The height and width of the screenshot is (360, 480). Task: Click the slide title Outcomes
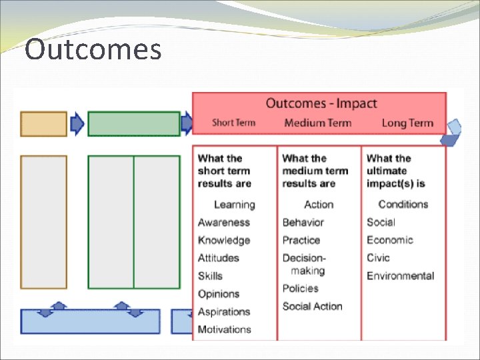click(x=93, y=50)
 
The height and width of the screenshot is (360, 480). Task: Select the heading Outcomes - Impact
click(x=321, y=103)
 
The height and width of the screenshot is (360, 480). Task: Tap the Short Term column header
click(x=233, y=123)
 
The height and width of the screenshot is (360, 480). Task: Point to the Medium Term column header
click(x=318, y=123)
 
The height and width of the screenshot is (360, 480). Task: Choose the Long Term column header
click(x=407, y=123)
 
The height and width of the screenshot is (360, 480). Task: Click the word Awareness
click(x=223, y=223)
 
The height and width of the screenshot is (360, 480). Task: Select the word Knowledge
click(x=223, y=241)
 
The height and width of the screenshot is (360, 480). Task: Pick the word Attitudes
click(x=218, y=258)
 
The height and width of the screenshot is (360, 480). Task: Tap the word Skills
click(x=210, y=276)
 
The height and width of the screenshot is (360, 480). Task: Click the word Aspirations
click(x=223, y=312)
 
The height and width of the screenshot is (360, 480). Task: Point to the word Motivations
click(x=224, y=329)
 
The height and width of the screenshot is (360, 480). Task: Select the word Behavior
click(x=303, y=223)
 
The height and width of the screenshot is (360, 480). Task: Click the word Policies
click(x=300, y=289)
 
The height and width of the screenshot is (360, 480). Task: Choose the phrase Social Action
click(x=312, y=307)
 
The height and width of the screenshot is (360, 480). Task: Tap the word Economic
click(x=389, y=240)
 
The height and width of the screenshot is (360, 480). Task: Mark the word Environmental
click(x=400, y=276)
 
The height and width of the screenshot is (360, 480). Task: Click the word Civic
click(x=378, y=258)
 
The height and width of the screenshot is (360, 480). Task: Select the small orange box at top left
click(x=44, y=124)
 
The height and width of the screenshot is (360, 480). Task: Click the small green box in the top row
click(x=134, y=124)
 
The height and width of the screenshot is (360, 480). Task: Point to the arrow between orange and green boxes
click(x=77, y=124)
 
